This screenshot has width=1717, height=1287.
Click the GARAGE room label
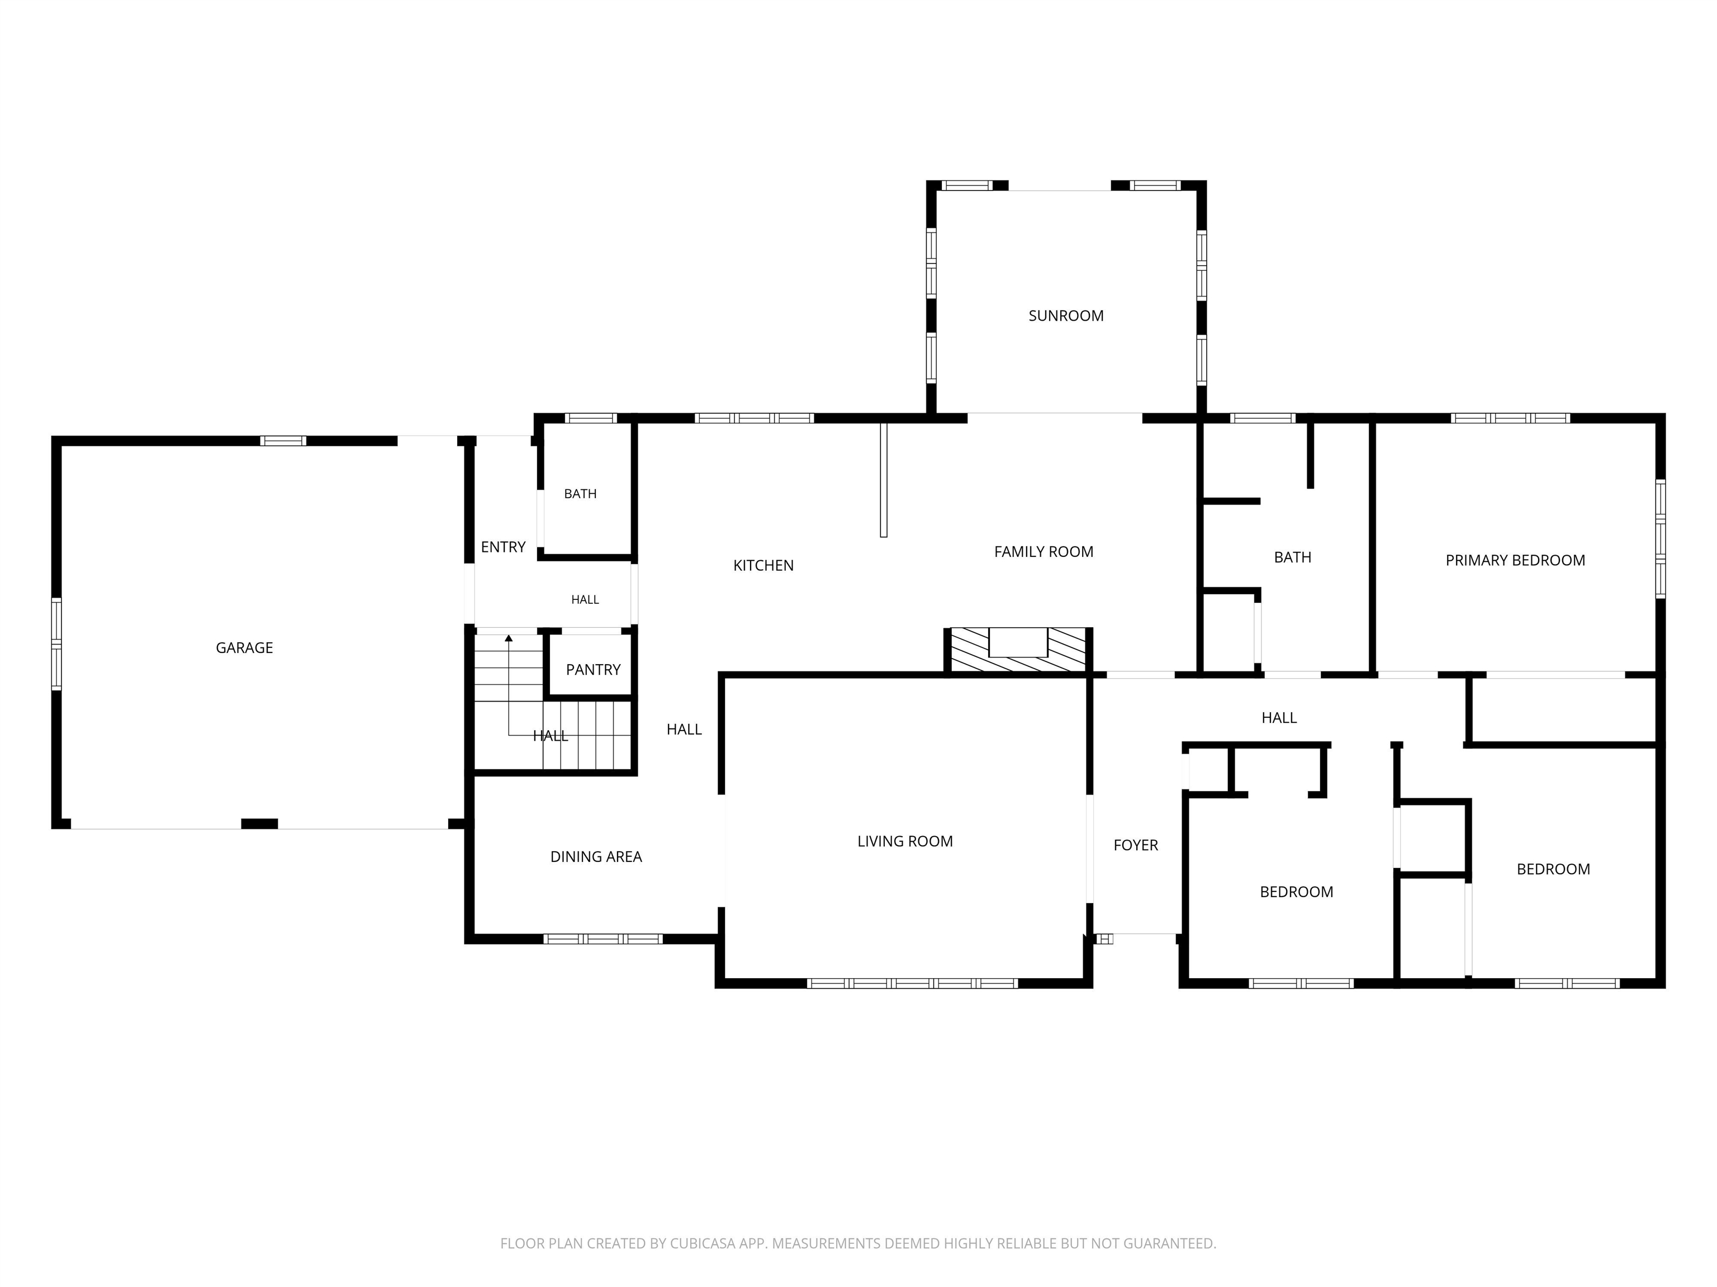244,648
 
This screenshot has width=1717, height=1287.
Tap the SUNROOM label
1066,316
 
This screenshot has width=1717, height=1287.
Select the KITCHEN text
763,565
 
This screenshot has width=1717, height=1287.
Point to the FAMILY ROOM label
1044,551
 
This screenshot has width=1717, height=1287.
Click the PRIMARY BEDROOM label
1515,560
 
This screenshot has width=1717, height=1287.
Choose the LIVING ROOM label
905,841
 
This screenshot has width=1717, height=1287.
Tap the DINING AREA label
596,856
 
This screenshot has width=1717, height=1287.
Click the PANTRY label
593,670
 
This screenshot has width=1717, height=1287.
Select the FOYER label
1136,845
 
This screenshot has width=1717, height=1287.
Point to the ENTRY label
503,547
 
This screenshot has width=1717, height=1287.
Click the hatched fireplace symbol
1018,650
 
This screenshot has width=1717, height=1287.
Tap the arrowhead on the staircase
509,638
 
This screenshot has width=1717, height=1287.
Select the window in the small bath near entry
591,418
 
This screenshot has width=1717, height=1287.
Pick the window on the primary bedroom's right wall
1661,538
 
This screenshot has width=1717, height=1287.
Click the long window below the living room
912,983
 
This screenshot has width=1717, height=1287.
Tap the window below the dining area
603,938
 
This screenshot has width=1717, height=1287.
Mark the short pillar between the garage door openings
259,824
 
